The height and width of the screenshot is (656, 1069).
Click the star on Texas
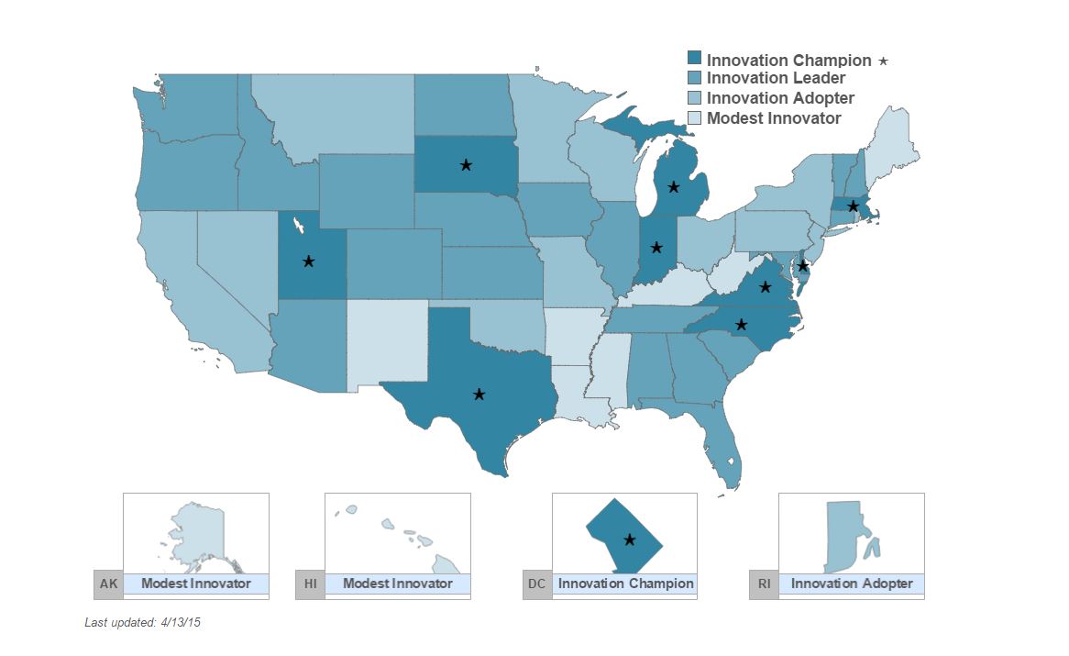point(479,395)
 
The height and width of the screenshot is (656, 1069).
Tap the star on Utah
point(309,261)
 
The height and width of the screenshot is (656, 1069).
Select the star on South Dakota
point(466,165)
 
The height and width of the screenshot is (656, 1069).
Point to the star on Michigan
point(674,187)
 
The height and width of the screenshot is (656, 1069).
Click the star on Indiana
point(656,247)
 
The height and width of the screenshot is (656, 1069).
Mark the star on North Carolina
point(742,324)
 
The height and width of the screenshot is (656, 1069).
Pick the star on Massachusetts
point(853,206)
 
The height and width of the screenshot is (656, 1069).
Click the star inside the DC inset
point(629,539)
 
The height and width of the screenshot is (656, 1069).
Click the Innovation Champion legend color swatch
point(695,60)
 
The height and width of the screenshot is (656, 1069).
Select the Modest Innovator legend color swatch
point(695,118)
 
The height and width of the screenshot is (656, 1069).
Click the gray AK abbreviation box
point(107,584)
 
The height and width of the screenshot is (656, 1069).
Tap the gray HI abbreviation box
point(309,584)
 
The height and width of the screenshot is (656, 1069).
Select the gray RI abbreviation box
point(763,584)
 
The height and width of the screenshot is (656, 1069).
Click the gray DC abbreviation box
point(536,584)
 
